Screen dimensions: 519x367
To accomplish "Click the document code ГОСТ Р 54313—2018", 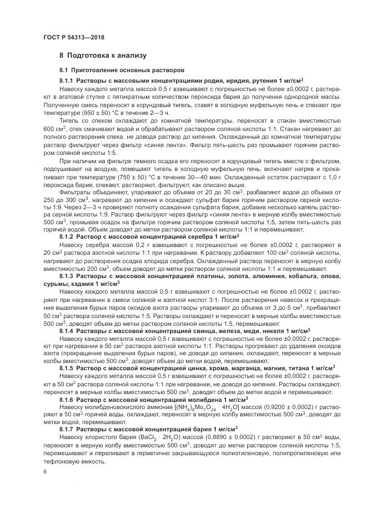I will click(x=73, y=37).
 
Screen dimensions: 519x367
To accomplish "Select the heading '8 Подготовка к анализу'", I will click(x=103, y=56).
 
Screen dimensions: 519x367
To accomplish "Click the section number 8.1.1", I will click(x=66, y=81).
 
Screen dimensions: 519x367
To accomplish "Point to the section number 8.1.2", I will click(x=66, y=236).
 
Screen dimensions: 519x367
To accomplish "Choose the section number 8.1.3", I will click(x=66, y=275).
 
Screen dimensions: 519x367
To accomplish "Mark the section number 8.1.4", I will click(x=66, y=330).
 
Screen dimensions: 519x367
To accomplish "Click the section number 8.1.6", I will click(x=66, y=400).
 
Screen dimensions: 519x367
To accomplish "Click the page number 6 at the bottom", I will click(x=44, y=471).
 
